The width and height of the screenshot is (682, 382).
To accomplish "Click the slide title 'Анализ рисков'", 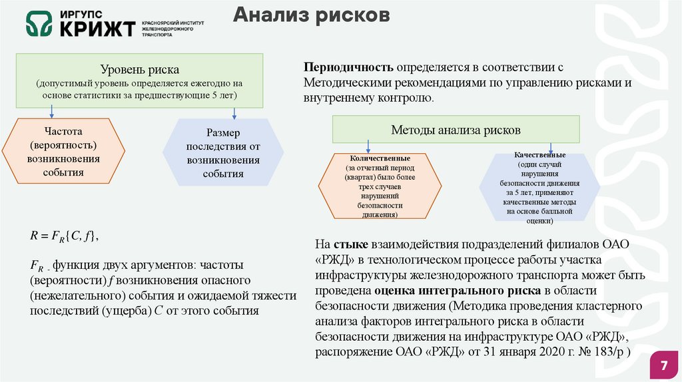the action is click(311, 16).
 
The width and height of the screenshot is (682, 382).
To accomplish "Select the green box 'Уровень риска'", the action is click(140, 81).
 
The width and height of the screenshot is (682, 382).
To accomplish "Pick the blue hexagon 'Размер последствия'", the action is click(223, 153).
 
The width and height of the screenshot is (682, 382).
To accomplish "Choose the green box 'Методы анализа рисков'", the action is click(456, 130).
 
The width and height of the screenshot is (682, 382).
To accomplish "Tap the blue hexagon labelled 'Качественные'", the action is click(540, 186).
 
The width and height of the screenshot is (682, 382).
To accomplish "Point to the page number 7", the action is click(663, 366).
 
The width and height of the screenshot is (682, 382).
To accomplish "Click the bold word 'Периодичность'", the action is click(348, 68).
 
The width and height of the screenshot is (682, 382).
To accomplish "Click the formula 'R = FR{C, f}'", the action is click(64, 235).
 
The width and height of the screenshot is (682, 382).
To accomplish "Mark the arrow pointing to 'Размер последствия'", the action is click(234, 114).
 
